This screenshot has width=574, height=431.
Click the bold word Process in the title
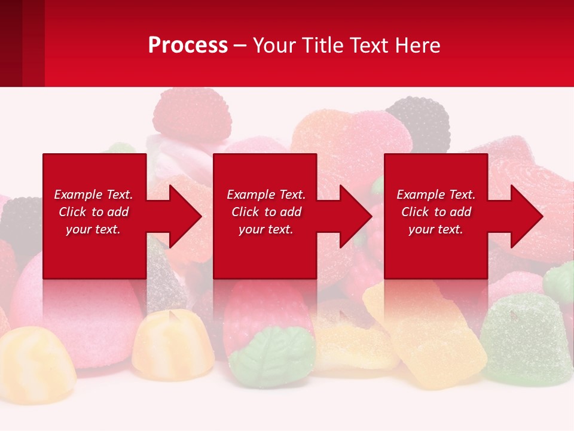[188, 45]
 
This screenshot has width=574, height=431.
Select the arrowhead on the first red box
[182, 216]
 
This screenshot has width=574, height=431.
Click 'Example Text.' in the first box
[93, 195]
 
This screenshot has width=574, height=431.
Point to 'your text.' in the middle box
[265, 229]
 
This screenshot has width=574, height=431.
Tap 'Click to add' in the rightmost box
[436, 212]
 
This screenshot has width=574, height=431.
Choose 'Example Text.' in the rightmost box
[436, 195]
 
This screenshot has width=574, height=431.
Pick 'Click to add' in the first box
[93, 212]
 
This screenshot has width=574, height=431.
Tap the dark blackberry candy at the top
[419, 123]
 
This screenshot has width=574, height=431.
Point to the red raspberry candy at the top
[191, 114]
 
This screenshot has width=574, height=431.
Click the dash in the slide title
[240, 45]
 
